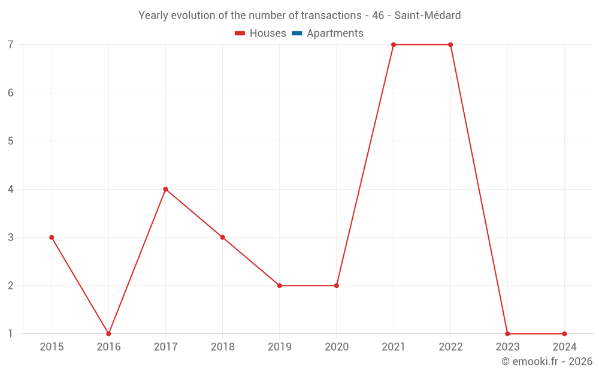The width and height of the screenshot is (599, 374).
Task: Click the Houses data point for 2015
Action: coord(52,238)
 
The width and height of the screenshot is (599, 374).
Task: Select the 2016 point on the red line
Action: coord(108,334)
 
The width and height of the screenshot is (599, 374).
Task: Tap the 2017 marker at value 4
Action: coord(165,189)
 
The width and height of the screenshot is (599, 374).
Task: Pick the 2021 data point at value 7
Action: coord(394,45)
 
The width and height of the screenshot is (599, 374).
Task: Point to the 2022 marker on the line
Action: coord(450,45)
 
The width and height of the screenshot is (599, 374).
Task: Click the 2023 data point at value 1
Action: coord(507,334)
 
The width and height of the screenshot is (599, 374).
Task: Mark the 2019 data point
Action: coord(280,285)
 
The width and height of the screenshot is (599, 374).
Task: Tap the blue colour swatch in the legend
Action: coord(297,34)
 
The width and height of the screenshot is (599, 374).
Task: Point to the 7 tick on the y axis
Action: coord(11,45)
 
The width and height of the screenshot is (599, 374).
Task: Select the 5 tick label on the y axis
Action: coord(11,141)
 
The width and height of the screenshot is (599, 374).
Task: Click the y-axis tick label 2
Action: coord(11,285)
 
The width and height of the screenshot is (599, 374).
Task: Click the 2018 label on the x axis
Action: coord(222,347)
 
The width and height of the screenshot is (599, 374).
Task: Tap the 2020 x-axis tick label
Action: coord(336,347)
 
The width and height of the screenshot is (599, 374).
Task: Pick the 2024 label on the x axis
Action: coord(564,347)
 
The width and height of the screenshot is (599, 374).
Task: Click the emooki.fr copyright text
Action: coord(547,361)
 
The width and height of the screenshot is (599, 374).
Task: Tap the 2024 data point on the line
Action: coord(564,334)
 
